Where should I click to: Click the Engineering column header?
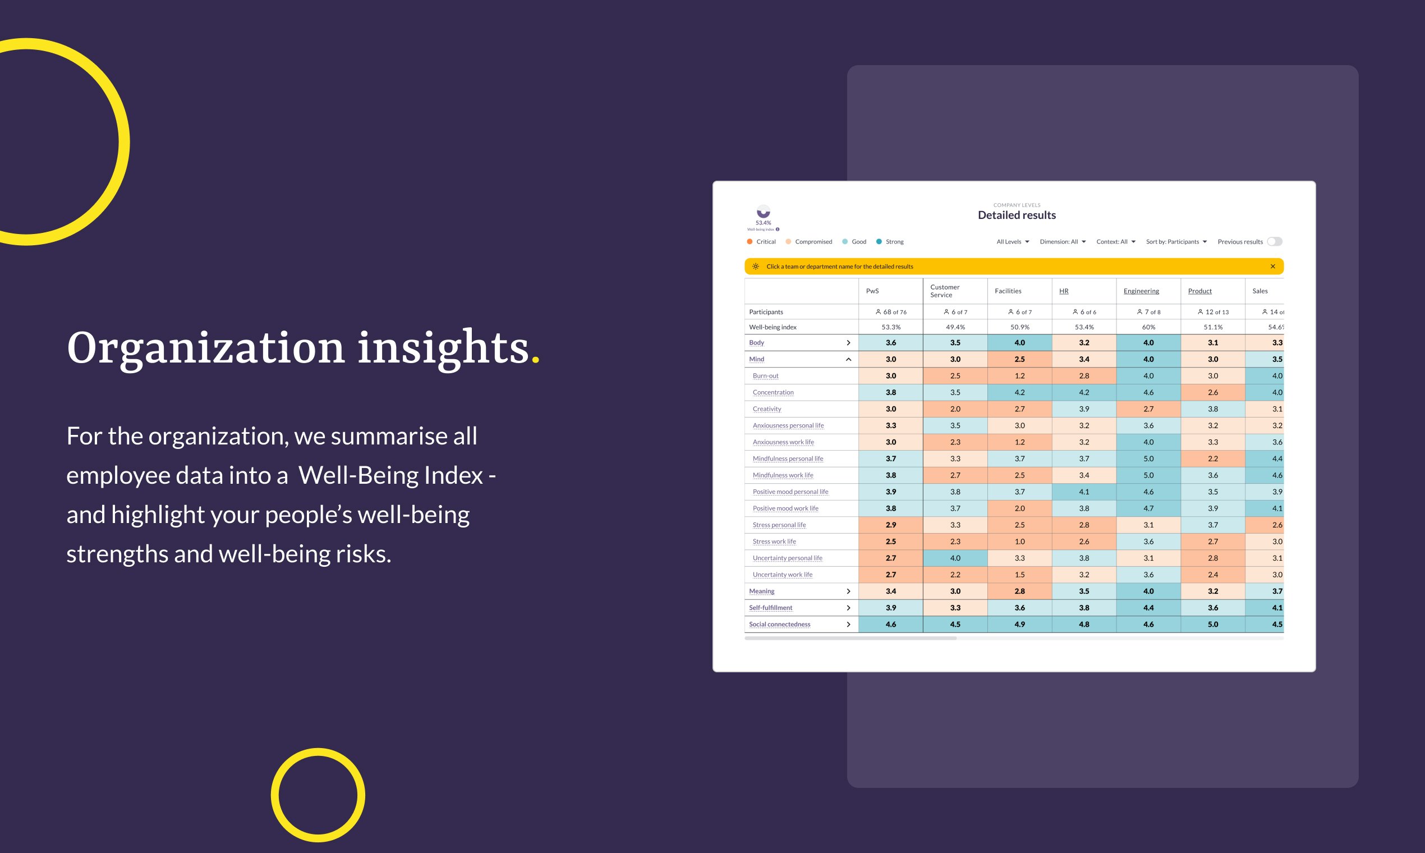tap(1141, 291)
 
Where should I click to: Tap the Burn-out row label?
tap(765, 376)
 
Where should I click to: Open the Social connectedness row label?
tap(779, 624)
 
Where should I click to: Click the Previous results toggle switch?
tap(1274, 241)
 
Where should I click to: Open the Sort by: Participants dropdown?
tap(1176, 241)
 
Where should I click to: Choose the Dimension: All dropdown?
tap(1063, 241)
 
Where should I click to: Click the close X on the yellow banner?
tap(1272, 266)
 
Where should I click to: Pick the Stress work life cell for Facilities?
tap(1019, 542)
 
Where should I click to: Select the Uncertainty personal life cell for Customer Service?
tap(955, 558)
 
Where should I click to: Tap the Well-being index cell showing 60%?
tap(1148, 327)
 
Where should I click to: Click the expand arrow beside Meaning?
tap(848, 591)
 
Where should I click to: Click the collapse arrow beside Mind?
tap(848, 359)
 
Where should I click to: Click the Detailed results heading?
tap(1017, 215)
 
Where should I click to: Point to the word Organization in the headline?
tap(205, 348)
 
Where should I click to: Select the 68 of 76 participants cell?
tap(891, 312)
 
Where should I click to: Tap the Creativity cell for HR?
tap(1084, 409)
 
